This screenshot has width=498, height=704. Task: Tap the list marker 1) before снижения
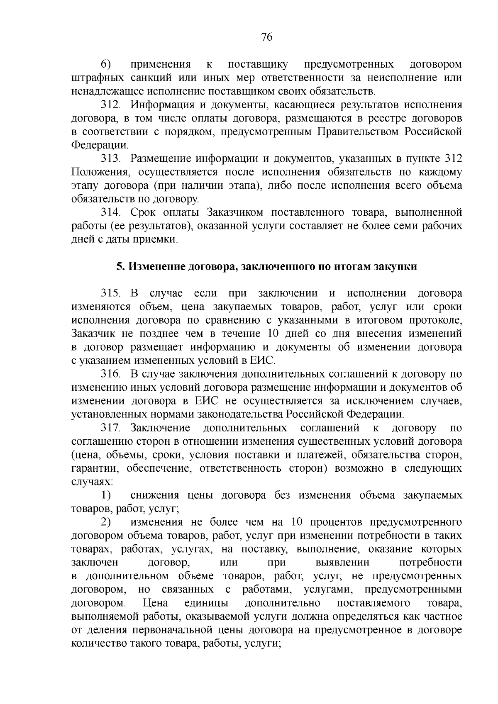[106, 495]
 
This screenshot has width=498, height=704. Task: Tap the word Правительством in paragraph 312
[358, 132]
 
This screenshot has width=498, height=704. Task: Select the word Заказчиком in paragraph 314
[234, 212]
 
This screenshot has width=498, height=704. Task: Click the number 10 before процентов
[298, 522]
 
